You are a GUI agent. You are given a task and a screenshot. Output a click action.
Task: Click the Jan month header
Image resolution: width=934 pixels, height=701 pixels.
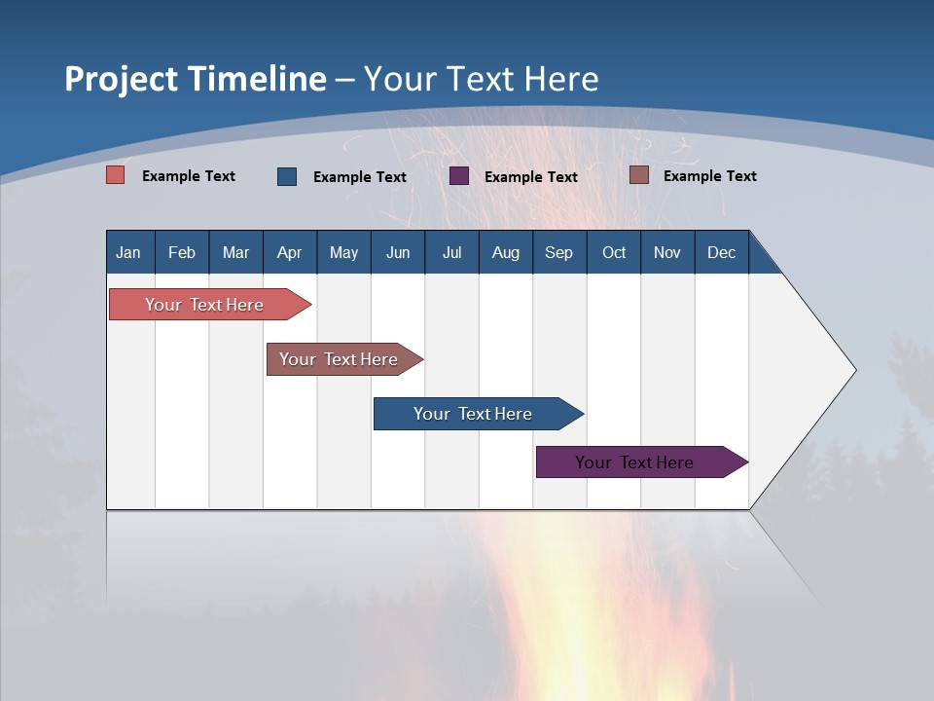pyautogui.click(x=129, y=252)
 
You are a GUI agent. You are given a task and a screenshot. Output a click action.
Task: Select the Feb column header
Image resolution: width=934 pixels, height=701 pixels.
pyautogui.click(x=182, y=252)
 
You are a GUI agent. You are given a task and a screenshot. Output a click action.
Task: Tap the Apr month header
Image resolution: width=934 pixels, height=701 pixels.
pyautogui.click(x=289, y=252)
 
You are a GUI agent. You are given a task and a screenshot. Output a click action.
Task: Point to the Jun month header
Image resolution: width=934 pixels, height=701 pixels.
pyautogui.click(x=398, y=252)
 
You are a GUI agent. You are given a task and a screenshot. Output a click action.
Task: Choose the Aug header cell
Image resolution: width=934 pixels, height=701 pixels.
pyautogui.click(x=505, y=252)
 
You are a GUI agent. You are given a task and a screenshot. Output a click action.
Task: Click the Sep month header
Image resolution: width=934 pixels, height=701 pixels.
pyautogui.click(x=559, y=252)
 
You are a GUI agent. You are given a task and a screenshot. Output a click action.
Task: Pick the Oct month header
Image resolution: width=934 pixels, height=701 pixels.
pyautogui.click(x=614, y=252)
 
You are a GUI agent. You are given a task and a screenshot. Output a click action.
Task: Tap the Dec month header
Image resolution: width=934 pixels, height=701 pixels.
pyautogui.click(x=721, y=252)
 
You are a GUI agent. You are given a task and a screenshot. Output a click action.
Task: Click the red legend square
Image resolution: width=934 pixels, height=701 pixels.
pyautogui.click(x=116, y=175)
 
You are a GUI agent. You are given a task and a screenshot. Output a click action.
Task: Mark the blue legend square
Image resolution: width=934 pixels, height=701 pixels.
pyautogui.click(x=287, y=176)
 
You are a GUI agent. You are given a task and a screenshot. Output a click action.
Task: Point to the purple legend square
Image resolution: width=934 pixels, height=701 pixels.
pyautogui.click(x=459, y=176)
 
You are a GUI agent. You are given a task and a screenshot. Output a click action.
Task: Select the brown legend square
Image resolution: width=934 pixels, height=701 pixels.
pyautogui.click(x=639, y=175)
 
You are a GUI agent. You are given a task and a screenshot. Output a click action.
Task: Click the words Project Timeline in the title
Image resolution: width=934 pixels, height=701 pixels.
pyautogui.click(x=196, y=79)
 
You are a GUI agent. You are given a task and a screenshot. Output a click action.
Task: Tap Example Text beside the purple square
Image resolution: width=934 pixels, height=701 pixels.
pyautogui.click(x=530, y=177)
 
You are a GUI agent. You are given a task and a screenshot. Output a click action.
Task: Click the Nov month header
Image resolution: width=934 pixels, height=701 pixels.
pyautogui.click(x=667, y=252)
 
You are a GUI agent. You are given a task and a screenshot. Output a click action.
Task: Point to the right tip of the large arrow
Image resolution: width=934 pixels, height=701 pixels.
pyautogui.click(x=854, y=370)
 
